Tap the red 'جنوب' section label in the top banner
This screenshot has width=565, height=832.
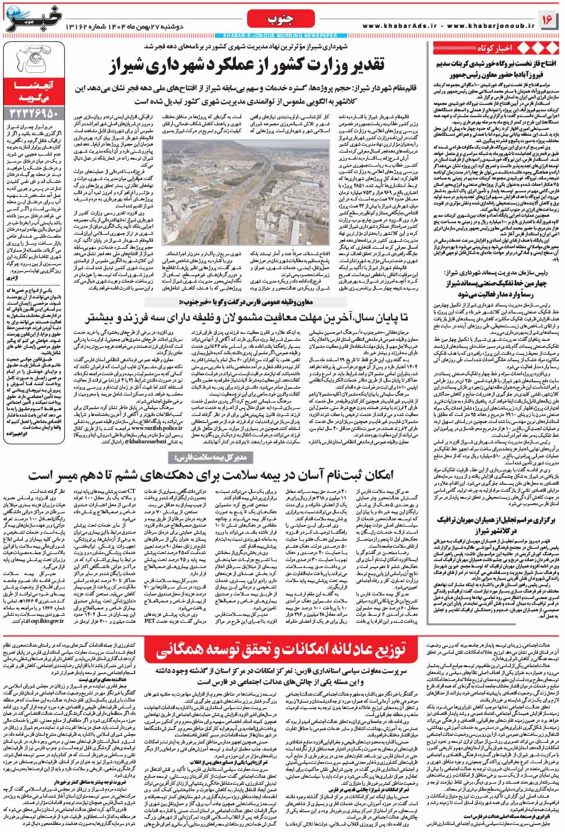point(272,20)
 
